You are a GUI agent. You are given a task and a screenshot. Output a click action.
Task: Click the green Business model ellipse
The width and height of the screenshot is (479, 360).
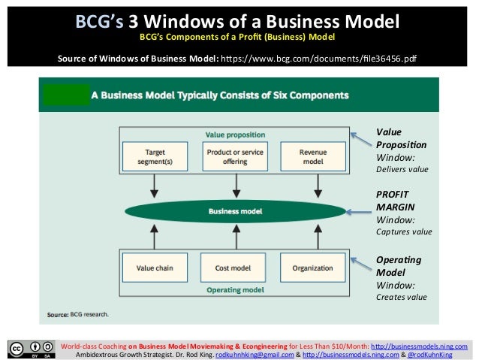[235, 211]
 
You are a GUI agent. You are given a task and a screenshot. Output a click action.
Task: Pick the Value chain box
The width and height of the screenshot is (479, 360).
[155, 268]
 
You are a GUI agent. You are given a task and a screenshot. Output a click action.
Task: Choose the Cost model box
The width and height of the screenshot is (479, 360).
[235, 268]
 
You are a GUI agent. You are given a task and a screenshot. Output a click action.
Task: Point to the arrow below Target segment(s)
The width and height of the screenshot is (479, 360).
[155, 186]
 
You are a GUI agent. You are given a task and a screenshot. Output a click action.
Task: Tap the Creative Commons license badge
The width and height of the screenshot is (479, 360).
[28, 349]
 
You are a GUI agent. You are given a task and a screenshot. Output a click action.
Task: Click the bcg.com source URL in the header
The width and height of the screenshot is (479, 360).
[315, 57]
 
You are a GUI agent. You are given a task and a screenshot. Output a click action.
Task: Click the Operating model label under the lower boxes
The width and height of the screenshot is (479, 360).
[235, 289]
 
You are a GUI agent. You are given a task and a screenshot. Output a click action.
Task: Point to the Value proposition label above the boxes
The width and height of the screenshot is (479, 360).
[235, 135]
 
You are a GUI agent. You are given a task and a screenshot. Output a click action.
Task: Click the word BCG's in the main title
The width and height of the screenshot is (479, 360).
[101, 20]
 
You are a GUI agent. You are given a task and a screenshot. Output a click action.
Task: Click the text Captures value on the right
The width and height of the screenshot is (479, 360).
[404, 232]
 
